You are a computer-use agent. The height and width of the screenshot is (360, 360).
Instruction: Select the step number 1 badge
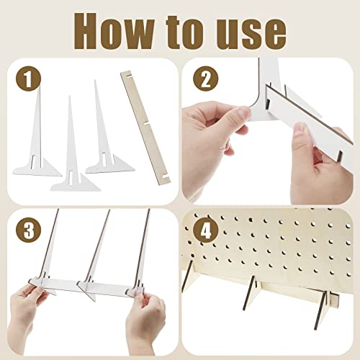pyautogui.click(x=29, y=78)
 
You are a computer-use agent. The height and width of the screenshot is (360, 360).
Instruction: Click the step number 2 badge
pyautogui.click(x=206, y=78)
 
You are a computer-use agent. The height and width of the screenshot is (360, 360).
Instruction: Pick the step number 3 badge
pyautogui.click(x=29, y=230)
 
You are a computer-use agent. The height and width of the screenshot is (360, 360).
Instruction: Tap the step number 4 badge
pyautogui.click(x=206, y=230)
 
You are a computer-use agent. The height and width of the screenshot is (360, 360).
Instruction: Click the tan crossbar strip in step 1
pyautogui.click(x=145, y=127)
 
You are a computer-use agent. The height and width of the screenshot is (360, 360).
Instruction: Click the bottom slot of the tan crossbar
pyautogui.click(x=165, y=176)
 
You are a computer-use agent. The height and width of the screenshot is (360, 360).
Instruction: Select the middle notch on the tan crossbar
pyautogui.click(x=146, y=123)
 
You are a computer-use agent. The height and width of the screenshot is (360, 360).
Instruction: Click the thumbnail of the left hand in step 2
pyautogui.click(x=243, y=112)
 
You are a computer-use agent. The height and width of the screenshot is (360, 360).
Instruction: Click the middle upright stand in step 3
pyautogui.click(x=95, y=254)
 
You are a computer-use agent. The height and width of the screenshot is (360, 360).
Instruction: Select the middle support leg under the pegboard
pyautogui.click(x=250, y=294)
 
